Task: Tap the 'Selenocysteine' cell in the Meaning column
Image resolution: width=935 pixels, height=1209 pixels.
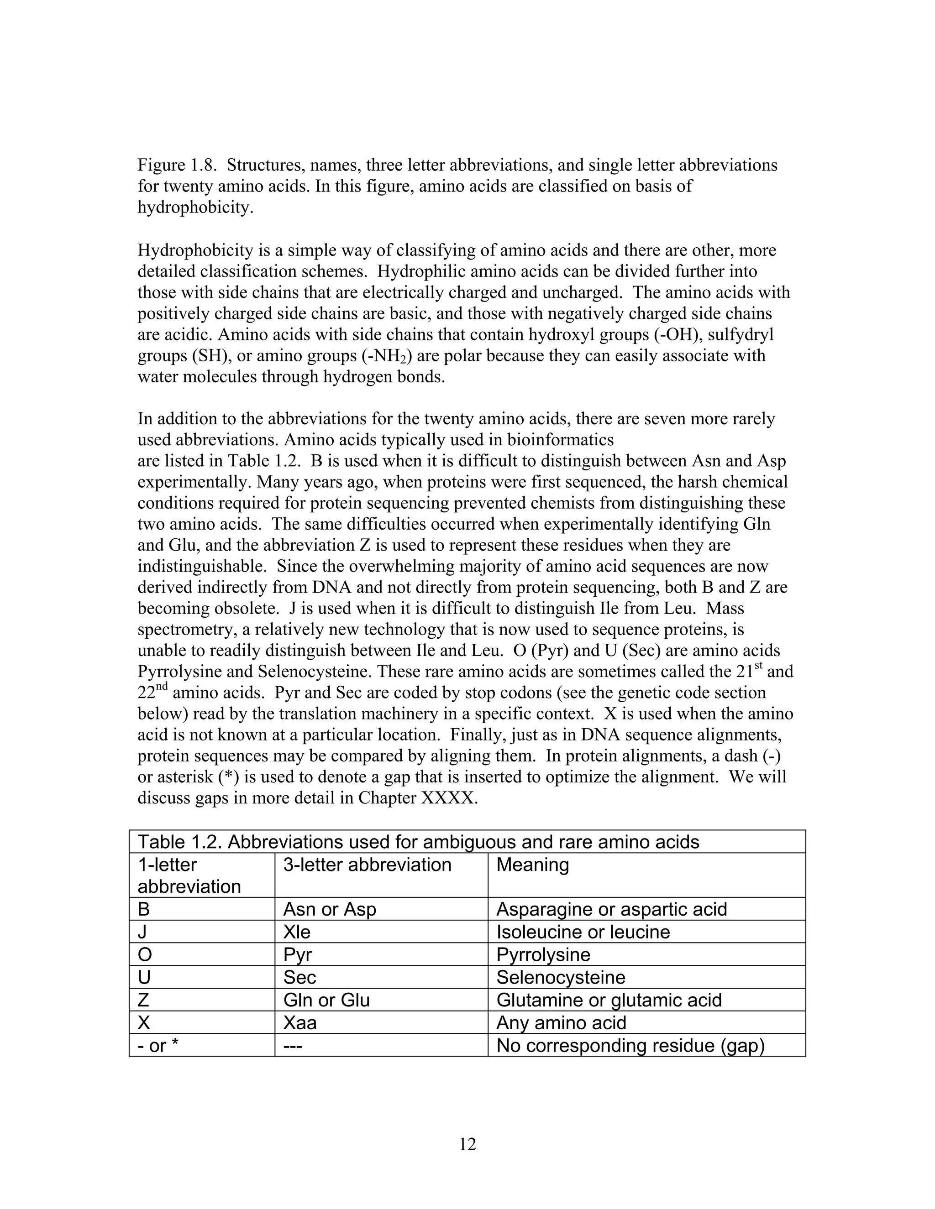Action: click(x=561, y=978)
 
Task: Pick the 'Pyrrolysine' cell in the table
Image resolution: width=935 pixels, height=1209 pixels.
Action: click(x=543, y=955)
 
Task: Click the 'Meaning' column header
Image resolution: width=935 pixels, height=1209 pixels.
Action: click(x=532, y=865)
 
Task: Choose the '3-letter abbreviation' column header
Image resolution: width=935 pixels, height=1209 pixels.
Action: click(x=367, y=865)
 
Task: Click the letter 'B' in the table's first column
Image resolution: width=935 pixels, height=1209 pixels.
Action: click(x=144, y=910)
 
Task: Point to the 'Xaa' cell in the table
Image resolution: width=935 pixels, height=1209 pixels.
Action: click(x=299, y=1023)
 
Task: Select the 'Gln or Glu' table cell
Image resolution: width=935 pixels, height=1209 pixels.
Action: click(x=326, y=1001)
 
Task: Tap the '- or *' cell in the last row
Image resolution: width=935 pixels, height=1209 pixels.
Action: click(x=158, y=1046)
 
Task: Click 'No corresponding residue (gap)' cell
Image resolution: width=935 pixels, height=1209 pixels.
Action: click(x=630, y=1046)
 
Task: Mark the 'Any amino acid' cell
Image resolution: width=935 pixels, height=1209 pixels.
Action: click(x=561, y=1023)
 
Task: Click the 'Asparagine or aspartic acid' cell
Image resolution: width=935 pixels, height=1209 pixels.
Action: click(x=611, y=910)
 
